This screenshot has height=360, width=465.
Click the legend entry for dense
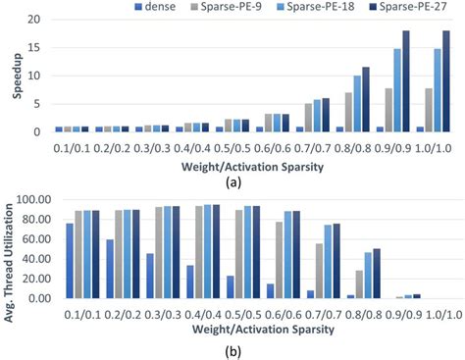[x=156, y=9]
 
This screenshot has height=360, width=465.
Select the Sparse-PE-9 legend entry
[x=232, y=9]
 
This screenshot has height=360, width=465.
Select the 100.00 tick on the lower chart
[x=27, y=199]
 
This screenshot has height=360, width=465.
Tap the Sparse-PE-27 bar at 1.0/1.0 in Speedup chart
[x=446, y=81]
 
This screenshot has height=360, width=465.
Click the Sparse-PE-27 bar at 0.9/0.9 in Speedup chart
[x=406, y=81]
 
